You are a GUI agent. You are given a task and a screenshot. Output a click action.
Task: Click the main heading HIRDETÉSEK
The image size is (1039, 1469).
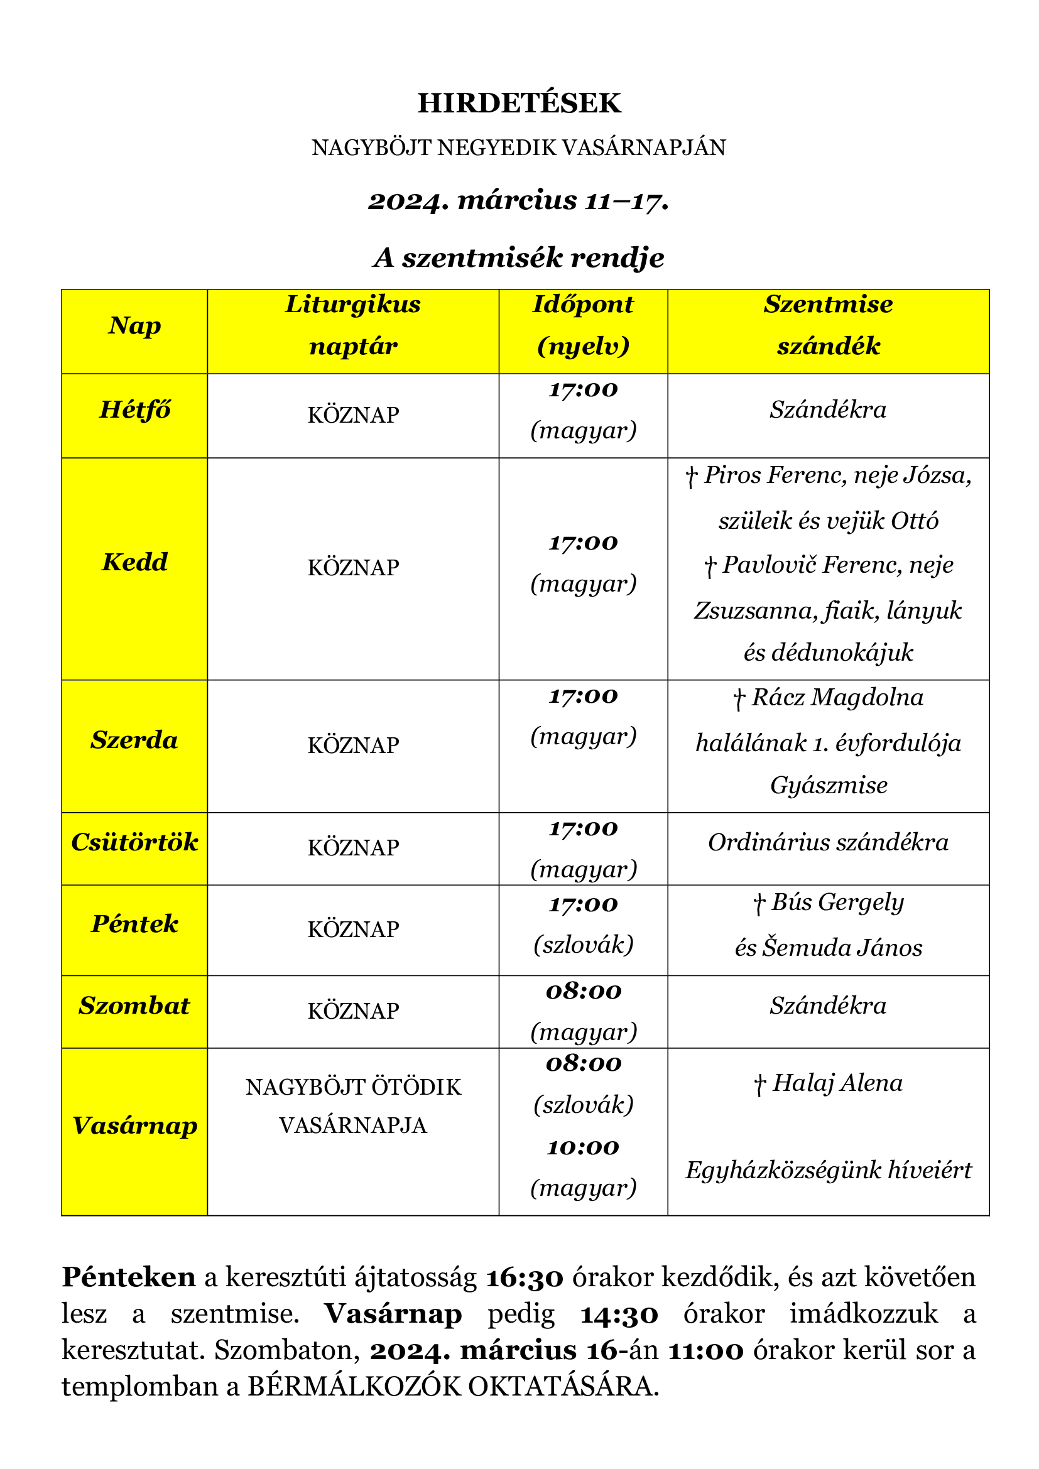519,103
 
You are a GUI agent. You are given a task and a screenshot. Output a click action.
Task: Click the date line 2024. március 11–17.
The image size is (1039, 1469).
519,201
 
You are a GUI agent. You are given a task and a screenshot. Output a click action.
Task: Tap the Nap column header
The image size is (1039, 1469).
134,325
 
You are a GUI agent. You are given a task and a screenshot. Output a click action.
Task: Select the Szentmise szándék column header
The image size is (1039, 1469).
828,325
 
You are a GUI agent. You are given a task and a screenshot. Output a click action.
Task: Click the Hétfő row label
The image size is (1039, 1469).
134,409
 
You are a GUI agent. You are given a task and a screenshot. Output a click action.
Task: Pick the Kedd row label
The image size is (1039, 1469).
134,561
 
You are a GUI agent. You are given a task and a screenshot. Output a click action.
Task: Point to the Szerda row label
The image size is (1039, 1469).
134,740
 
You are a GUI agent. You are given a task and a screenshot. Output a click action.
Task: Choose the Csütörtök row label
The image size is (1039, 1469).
134,842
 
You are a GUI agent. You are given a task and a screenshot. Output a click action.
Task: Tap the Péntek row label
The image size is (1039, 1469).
134,923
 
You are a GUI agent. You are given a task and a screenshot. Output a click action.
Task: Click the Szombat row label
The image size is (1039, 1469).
134,1005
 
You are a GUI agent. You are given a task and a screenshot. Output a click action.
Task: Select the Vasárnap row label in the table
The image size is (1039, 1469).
134,1125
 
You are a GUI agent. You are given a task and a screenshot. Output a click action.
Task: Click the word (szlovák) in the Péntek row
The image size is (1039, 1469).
583,945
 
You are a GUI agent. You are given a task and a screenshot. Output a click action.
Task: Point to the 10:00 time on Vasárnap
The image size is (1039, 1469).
583,1147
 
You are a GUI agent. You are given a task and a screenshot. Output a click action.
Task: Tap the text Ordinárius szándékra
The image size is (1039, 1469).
828,842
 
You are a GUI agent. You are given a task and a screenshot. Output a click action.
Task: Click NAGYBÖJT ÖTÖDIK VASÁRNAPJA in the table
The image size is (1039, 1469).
353,1105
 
